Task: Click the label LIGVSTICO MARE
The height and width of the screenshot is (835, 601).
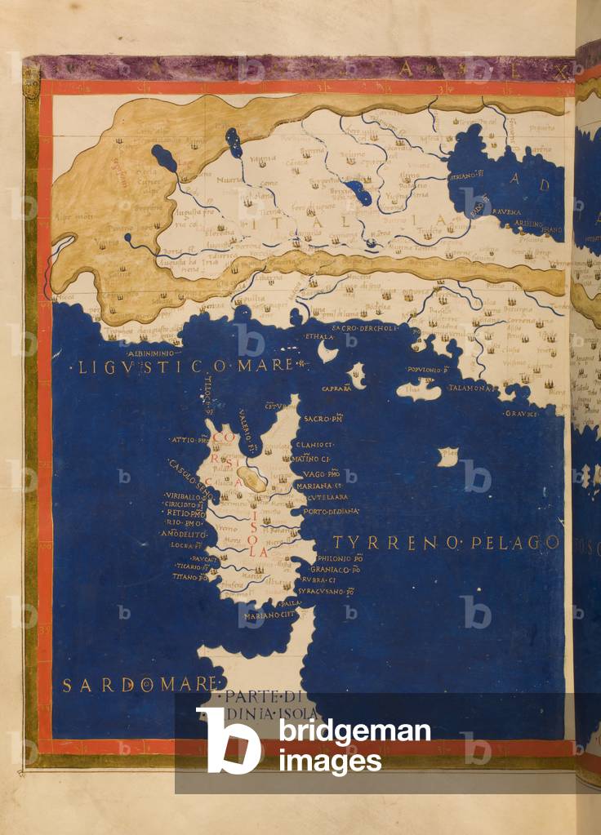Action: click(180, 367)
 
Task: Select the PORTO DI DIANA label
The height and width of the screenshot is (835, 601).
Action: click(331, 512)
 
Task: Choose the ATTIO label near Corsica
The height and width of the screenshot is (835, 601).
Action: click(189, 440)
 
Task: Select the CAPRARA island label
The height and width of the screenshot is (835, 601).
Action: click(336, 389)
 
